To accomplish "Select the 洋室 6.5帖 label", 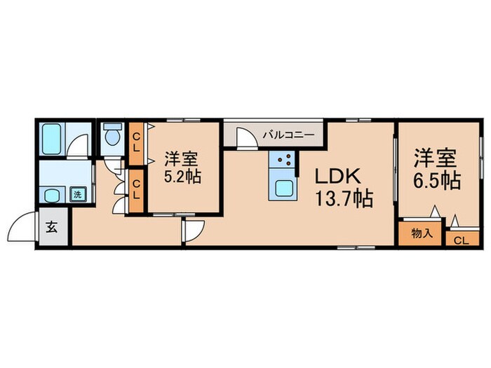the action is (437, 169).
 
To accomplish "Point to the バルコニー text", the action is (288, 135).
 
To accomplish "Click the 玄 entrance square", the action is (52, 227).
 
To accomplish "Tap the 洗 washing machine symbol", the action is (77, 194).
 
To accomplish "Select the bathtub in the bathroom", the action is (52, 139).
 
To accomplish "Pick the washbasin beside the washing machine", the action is (52, 196).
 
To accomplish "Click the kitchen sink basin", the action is (284, 189).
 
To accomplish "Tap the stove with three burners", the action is (281, 160).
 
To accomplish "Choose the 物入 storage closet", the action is (422, 233).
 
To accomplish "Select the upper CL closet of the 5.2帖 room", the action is (137, 144).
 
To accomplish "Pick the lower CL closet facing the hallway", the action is (136, 191).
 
